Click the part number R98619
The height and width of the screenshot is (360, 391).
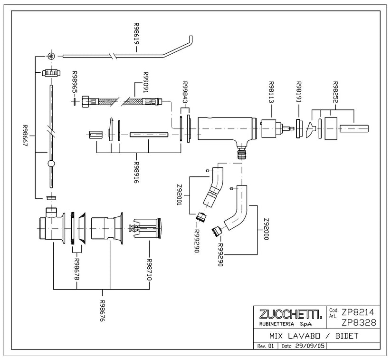coord(136,33)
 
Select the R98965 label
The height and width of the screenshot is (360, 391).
coord(74,82)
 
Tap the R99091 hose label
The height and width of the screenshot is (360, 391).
coord(146,82)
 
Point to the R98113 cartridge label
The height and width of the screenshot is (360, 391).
coord(271,92)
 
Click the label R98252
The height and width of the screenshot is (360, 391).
coord(335,92)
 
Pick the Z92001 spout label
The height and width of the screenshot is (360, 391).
coord(179,195)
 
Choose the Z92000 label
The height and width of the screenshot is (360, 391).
coord(267,229)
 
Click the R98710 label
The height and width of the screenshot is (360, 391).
coord(149,270)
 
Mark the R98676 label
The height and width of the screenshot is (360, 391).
coord(102,311)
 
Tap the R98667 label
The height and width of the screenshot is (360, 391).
coord(25,136)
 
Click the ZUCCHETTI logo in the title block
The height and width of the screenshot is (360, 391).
coord(290,314)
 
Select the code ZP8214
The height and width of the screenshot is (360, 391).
coord(358,312)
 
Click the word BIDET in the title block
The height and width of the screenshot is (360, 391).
coord(347,336)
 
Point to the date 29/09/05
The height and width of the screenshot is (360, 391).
coord(310,346)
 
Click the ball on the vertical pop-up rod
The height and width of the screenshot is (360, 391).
coord(51,164)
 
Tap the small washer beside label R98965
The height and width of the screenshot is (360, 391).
coord(74,102)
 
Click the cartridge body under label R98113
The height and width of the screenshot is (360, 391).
coord(268,128)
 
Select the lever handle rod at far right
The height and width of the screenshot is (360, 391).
coord(354,128)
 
